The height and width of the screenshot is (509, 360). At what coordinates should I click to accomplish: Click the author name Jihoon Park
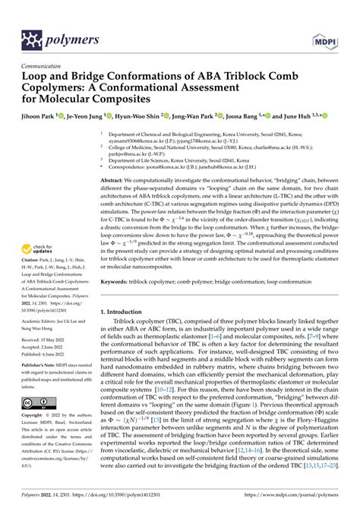[42, 117]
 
